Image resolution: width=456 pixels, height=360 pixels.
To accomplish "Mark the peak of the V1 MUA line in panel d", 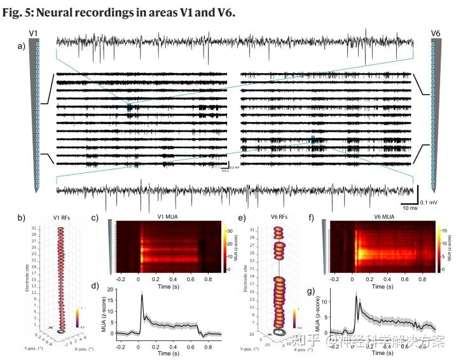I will pyautogui.click(x=142, y=295).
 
